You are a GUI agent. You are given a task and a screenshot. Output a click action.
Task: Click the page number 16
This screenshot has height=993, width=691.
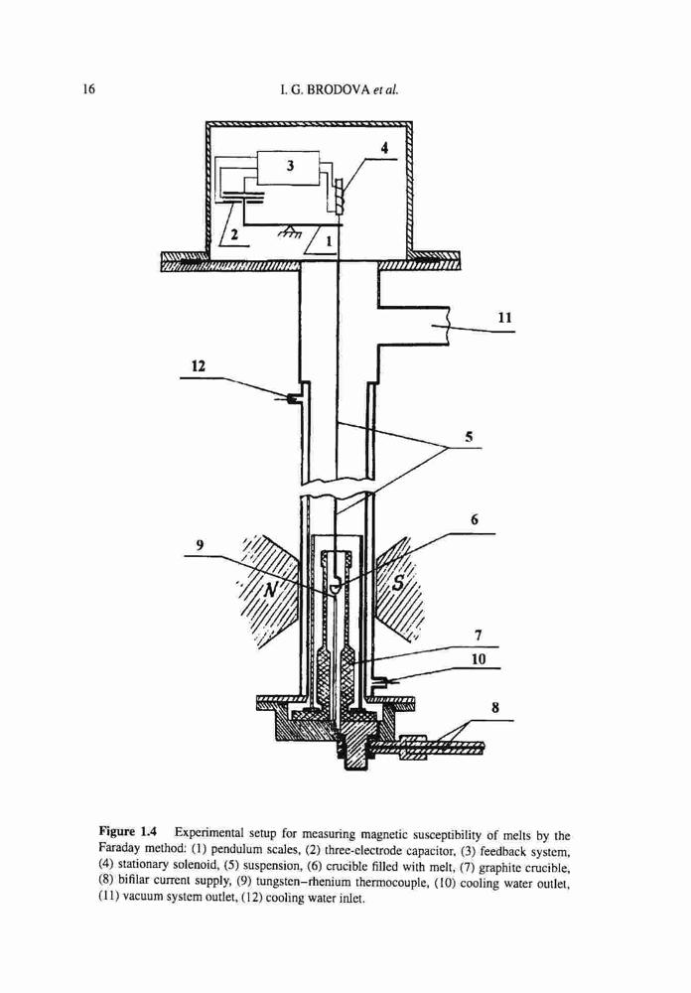coord(88,88)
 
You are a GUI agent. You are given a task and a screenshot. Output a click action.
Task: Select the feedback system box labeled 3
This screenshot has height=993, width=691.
coord(289,167)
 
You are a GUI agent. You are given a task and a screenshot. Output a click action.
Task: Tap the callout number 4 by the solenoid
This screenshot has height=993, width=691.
coord(383,147)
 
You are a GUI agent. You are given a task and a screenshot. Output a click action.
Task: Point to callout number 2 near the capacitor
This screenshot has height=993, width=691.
coord(233,235)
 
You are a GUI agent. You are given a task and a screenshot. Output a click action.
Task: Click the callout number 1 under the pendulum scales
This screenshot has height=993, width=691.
coord(328,240)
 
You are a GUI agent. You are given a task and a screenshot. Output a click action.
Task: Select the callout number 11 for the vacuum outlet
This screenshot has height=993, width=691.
coord(504,317)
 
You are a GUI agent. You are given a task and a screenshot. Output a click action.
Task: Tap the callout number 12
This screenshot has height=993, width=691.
coord(199,365)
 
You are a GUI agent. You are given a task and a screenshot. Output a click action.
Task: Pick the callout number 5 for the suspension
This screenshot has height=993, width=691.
coord(469,436)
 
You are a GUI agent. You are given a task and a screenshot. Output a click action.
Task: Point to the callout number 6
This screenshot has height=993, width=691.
coord(475,520)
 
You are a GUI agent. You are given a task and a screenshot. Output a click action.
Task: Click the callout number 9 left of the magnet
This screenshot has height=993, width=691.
coord(201,544)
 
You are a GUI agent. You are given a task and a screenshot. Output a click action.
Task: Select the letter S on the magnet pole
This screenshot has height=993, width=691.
coord(398,583)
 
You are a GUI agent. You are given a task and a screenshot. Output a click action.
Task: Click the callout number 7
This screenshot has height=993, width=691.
coord(479,635)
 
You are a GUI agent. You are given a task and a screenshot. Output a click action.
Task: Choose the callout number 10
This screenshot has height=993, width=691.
coord(479,659)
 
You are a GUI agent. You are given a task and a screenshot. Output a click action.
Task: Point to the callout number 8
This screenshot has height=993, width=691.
coord(495,707)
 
